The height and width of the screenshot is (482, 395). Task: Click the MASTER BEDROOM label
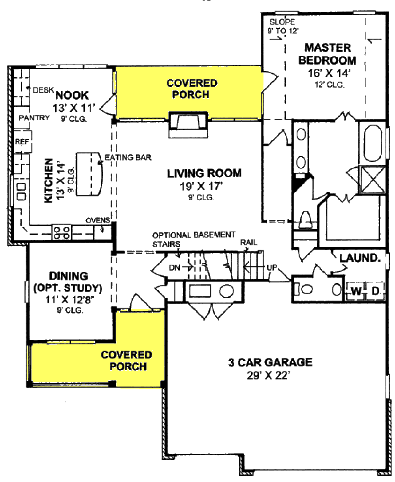click(327, 54)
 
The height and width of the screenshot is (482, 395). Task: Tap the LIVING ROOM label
click(204, 173)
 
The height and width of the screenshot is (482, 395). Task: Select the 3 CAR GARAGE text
click(270, 362)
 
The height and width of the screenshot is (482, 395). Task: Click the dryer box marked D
click(376, 291)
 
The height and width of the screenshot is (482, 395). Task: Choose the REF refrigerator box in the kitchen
click(22, 142)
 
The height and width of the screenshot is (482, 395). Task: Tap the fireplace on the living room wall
click(188, 124)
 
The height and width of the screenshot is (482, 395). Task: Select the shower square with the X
click(372, 179)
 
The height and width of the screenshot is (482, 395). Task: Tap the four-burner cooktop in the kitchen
click(62, 232)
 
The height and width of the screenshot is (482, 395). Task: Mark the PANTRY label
click(34, 118)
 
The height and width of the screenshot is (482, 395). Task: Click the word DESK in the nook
click(43, 90)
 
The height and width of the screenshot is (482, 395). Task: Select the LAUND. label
click(360, 258)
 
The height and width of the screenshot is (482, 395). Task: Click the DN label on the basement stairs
click(175, 267)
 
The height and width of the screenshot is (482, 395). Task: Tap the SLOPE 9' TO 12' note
click(282, 26)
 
